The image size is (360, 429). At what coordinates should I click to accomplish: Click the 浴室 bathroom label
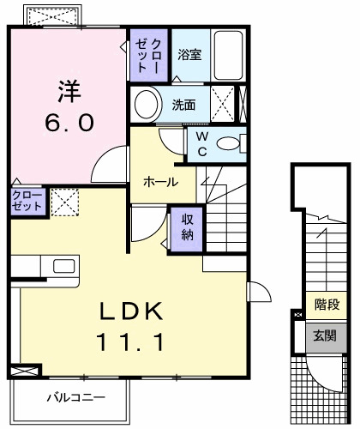point(189,55)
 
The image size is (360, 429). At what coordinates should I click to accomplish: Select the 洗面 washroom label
point(183,105)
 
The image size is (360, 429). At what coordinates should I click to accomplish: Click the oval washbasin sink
point(147,106)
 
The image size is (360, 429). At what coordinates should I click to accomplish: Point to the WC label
point(202,143)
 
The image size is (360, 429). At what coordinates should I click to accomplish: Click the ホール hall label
point(160,182)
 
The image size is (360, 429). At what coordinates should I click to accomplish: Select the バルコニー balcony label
point(75,398)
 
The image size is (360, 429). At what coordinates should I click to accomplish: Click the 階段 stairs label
point(326,304)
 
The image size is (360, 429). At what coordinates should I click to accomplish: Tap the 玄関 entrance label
point(325,335)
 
